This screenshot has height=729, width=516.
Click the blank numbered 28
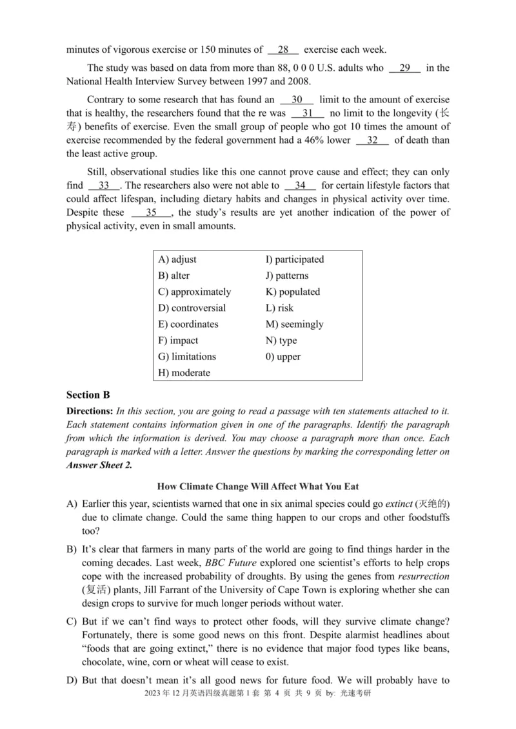[283, 49]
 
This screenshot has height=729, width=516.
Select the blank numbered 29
[405, 68]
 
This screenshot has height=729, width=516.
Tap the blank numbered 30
[297, 100]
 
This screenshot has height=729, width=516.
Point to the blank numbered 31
[308, 113]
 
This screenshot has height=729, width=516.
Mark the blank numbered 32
[372, 140]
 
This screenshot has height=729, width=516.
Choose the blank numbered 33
[104, 185]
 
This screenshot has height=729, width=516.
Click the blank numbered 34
[300, 185]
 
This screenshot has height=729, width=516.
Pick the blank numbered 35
[151, 213]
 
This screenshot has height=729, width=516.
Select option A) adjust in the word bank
[177, 260]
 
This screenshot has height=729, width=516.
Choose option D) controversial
[192, 308]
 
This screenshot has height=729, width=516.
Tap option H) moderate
[184, 373]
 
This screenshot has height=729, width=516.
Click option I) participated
[295, 260]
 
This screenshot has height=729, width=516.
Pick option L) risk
[279, 308]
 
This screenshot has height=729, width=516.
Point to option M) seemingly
[295, 325]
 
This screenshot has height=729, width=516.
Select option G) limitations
[187, 357]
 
